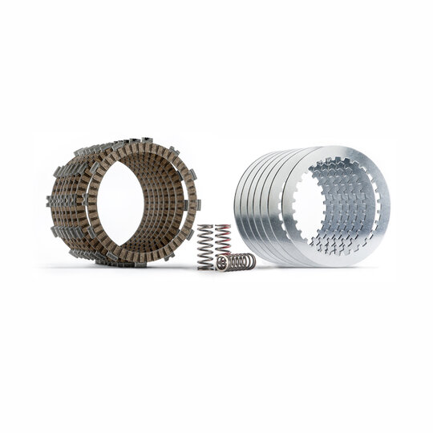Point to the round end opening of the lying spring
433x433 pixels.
[221, 262]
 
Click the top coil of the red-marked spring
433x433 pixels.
[223, 228]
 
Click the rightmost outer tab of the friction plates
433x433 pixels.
[198, 204]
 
